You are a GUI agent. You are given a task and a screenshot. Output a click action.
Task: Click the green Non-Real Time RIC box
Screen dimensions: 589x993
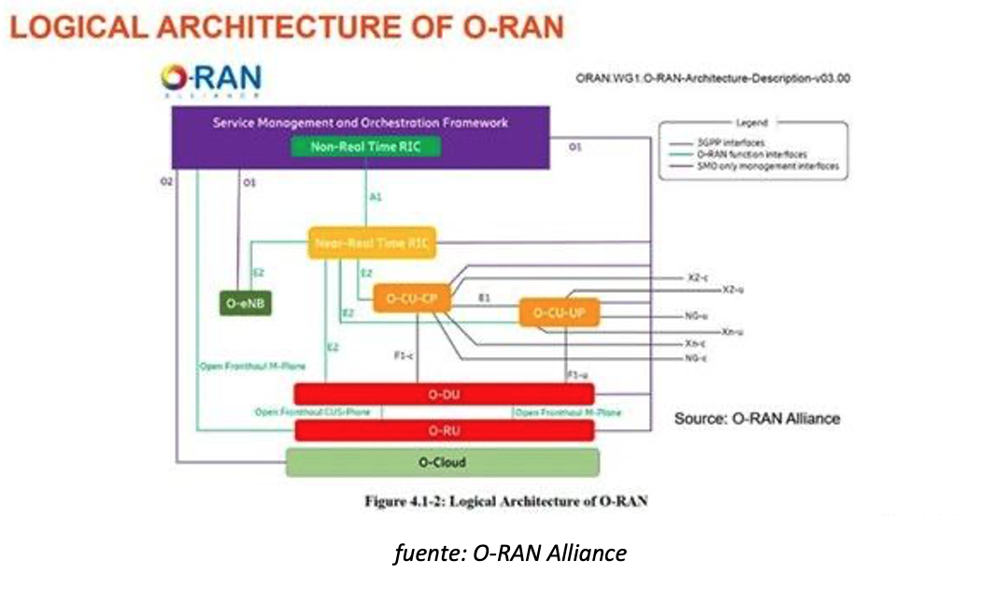pos(362,146)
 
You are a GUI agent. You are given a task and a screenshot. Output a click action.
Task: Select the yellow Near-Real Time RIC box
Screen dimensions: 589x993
pos(373,243)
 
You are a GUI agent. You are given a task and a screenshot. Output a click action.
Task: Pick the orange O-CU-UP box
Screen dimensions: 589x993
pos(559,312)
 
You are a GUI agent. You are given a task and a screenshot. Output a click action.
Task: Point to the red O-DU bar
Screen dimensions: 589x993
pos(444,395)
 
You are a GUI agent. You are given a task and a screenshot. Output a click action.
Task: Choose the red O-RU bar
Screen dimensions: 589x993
pos(444,430)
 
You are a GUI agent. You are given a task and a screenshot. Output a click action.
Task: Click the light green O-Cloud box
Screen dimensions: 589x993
pos(442,463)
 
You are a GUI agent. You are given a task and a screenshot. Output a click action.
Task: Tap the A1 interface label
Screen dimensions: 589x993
pos(376,198)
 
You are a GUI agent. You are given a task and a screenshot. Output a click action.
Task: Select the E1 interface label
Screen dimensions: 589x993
pos(484,297)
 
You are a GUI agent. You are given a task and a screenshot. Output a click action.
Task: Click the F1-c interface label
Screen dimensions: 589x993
pos(404,354)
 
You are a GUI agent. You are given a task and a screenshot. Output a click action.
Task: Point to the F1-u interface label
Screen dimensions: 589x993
pos(577,374)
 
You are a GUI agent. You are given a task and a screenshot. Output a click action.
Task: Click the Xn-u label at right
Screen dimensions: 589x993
pos(732,332)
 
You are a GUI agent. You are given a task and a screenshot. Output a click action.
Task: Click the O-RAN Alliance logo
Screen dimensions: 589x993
pos(210,81)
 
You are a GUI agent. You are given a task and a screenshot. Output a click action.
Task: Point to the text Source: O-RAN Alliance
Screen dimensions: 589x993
pos(757,418)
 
